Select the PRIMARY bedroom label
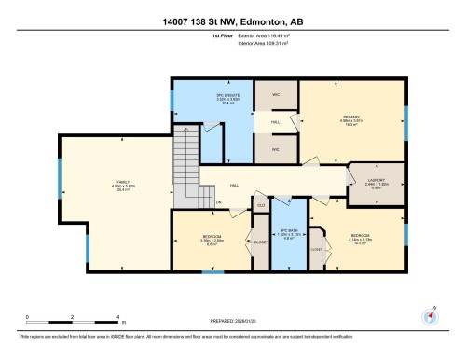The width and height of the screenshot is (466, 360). (351, 117)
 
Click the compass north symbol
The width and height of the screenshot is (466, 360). (430, 315)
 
